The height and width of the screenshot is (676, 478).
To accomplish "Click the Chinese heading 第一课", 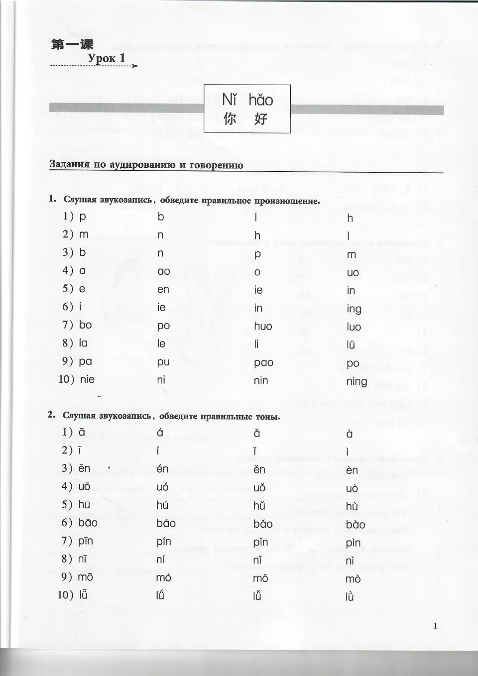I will coord(72,44).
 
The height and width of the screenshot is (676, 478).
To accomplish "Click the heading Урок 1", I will coord(107,58).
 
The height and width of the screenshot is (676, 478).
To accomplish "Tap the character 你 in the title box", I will coord(230,118).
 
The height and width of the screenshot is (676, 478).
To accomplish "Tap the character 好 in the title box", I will coord(260,118).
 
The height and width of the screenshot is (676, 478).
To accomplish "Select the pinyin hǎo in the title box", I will coord(261,100).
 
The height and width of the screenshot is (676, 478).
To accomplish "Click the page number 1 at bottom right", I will coord(435,626).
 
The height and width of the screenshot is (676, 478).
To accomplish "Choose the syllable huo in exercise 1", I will coord(263,327).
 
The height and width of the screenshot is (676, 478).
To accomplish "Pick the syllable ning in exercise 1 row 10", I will coord(357,382).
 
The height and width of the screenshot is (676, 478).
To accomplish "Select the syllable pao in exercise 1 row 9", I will coord(263,363).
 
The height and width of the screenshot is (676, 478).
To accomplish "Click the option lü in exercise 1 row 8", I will coord(351,344).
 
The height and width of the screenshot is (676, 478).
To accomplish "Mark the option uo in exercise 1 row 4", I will coord(353,273).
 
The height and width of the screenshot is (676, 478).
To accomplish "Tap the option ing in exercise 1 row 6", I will coord(354,309).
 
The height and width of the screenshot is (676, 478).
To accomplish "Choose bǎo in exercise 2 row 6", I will coord(262,524).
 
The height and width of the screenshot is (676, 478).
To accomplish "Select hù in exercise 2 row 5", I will coord(352,506).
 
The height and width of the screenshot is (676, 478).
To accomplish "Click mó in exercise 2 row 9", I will coord(163,577).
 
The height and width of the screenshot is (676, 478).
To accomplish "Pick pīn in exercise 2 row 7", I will coord(85,541).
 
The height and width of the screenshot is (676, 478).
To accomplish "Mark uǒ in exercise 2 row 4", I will coord(259,488).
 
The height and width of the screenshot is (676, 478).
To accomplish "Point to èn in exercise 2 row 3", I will coord(352,470).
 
